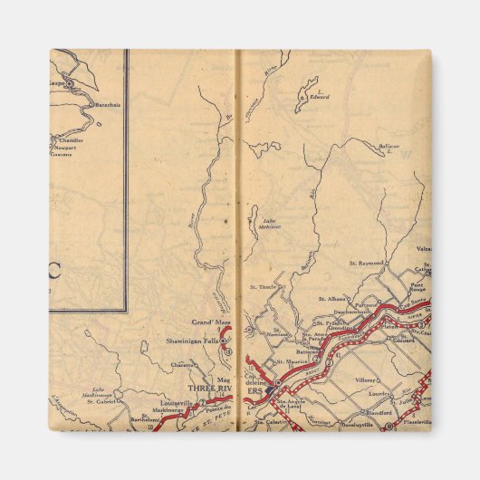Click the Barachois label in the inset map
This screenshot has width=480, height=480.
[x=110, y=104]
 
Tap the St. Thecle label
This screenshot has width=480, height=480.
[x=263, y=286]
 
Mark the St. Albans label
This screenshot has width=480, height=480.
[x=331, y=298]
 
